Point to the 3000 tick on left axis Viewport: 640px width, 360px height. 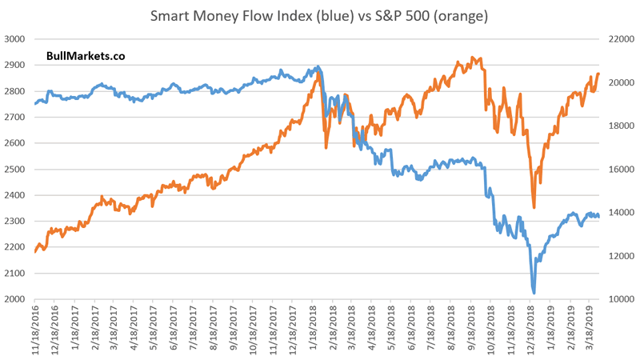(x=15, y=39)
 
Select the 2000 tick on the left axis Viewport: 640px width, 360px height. (x=15, y=299)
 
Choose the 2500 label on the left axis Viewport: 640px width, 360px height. (x=15, y=170)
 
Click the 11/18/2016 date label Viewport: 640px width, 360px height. (x=35, y=331)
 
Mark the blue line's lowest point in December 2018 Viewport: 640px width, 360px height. (x=534, y=292)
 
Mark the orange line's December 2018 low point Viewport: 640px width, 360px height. (x=534, y=207)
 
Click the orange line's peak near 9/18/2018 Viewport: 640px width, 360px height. (x=472, y=58)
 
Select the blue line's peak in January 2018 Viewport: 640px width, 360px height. (x=318, y=66)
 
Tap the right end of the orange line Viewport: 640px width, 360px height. (x=598, y=74)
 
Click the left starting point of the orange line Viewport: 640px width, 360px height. (x=35, y=251)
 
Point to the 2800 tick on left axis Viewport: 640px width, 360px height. (x=15, y=91)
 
